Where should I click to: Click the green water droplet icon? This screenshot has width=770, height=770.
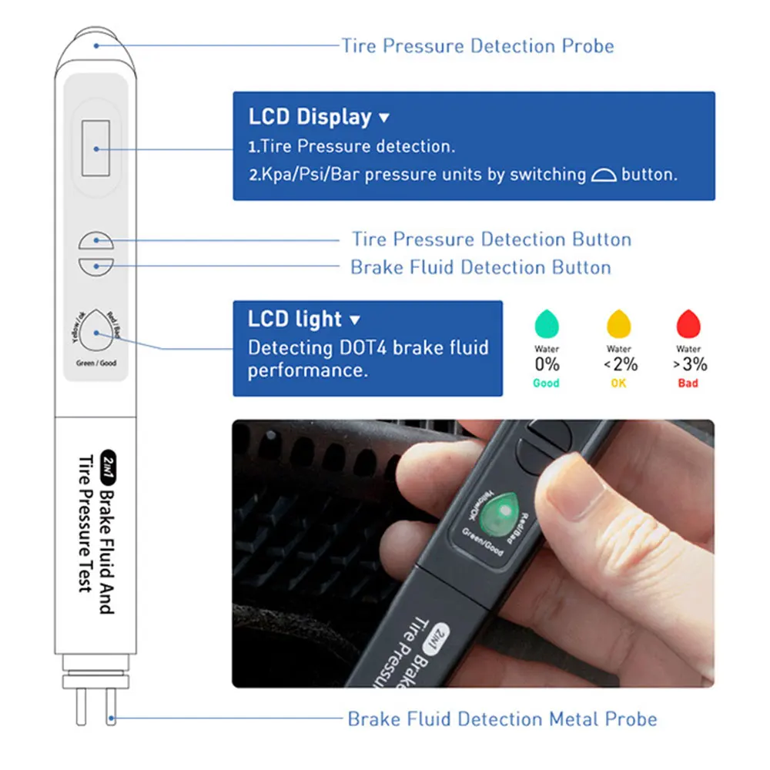(x=547, y=324)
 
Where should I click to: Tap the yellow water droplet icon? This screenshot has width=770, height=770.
(x=619, y=324)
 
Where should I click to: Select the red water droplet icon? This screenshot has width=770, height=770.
(x=688, y=324)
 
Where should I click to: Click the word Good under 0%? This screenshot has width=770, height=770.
(x=546, y=383)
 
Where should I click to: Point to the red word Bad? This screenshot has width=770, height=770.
(x=688, y=383)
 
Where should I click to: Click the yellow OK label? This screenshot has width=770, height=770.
(x=619, y=383)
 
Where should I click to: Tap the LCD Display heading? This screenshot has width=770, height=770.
(x=310, y=117)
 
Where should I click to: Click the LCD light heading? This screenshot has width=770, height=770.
(x=295, y=319)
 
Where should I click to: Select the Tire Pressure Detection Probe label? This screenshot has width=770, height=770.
(x=478, y=45)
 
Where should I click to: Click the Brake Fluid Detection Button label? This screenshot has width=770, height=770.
(x=480, y=267)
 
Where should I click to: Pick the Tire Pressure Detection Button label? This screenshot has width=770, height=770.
(x=491, y=239)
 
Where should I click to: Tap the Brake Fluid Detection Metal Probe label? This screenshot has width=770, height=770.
(x=502, y=719)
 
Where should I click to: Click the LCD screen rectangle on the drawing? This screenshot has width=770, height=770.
(x=95, y=148)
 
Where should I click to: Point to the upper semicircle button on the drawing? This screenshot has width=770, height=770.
(x=95, y=240)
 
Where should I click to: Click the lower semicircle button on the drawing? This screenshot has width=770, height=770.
(x=95, y=267)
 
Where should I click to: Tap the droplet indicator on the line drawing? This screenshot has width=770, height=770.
(x=95, y=330)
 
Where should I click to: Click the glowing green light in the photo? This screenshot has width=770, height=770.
(x=499, y=513)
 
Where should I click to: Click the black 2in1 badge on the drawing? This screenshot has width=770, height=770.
(x=108, y=467)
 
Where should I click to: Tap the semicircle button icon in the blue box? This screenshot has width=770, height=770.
(x=604, y=175)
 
